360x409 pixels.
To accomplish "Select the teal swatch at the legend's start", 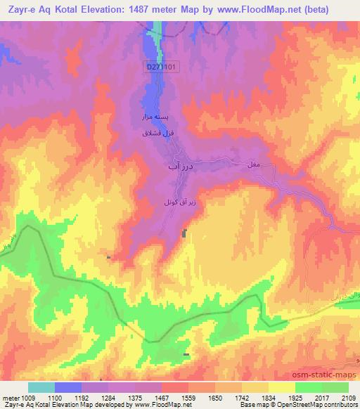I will tap(41, 387).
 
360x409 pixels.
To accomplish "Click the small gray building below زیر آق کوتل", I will tap(185, 233).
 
